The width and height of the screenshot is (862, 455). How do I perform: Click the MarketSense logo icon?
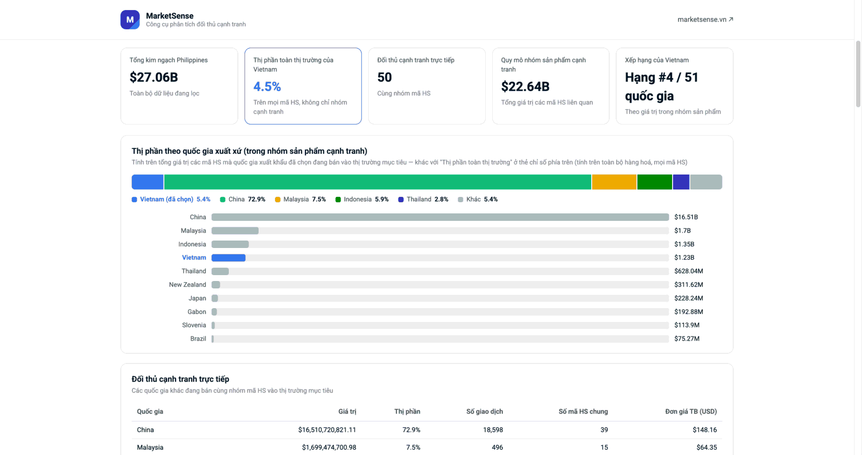click(x=130, y=20)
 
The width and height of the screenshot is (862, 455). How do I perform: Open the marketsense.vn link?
click(x=705, y=19)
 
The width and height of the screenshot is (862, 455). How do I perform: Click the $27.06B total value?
click(x=154, y=77)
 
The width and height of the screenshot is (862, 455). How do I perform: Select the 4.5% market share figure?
click(x=267, y=86)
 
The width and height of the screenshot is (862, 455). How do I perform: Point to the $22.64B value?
click(x=525, y=86)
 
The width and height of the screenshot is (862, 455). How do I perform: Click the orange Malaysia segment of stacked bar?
click(x=614, y=182)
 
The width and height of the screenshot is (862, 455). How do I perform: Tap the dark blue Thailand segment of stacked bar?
click(x=681, y=182)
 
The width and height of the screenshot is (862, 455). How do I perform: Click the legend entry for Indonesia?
click(x=362, y=200)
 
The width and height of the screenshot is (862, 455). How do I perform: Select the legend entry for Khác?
click(x=478, y=200)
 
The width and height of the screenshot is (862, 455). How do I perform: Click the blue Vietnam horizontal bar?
click(x=229, y=258)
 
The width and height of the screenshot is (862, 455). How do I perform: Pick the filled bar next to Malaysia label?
click(x=235, y=230)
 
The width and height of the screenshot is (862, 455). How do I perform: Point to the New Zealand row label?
click(x=187, y=285)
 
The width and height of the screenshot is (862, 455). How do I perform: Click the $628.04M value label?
click(x=689, y=271)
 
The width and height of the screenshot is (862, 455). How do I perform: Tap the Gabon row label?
click(x=197, y=312)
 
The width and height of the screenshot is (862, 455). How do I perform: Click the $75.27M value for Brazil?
click(x=686, y=339)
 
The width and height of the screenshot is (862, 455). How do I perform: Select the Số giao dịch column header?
click(x=485, y=411)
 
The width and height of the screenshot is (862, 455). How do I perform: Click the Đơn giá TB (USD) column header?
click(x=691, y=411)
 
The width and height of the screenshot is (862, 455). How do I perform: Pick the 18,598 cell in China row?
click(x=493, y=429)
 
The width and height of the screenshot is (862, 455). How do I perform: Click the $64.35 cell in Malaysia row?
click(x=707, y=448)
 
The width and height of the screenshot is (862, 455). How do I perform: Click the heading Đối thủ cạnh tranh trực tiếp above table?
click(x=180, y=379)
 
